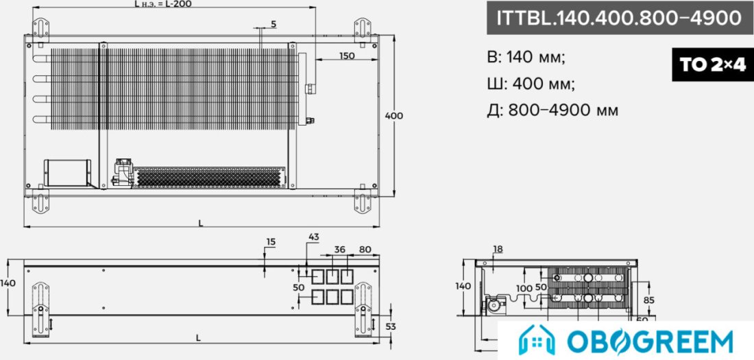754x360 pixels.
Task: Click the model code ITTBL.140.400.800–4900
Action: pos(620,18)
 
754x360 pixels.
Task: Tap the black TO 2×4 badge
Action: pos(713,64)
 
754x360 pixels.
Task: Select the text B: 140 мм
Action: pos(526,58)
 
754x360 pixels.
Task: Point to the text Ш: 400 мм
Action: pos(531,84)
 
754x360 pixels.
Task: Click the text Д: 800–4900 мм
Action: pos(552,110)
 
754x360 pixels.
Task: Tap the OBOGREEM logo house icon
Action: pos(536,340)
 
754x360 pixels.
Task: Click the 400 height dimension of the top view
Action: pos(394,116)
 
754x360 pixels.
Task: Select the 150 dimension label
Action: pos(347,56)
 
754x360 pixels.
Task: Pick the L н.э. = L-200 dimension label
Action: pos(164,4)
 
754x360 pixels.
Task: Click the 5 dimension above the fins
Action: pos(273,23)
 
